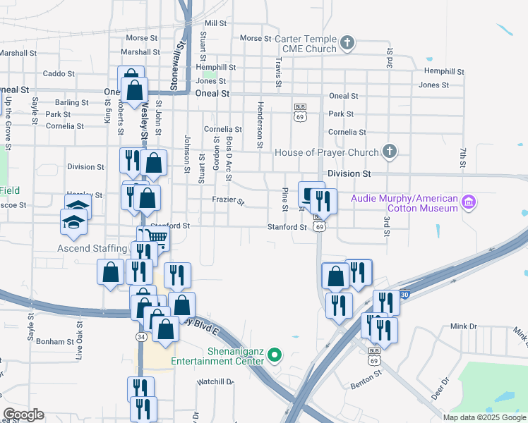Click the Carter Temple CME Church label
(302, 44)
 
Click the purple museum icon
(468, 204)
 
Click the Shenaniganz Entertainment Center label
(221, 356)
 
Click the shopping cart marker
(156, 238)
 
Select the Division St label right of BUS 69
(349, 173)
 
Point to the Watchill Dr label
(215, 381)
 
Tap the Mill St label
(215, 23)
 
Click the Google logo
(23, 415)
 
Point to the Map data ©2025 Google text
(484, 417)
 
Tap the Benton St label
(366, 386)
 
